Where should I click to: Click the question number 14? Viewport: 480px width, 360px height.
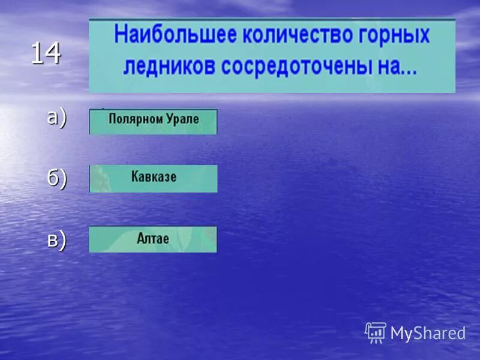[x=46, y=54]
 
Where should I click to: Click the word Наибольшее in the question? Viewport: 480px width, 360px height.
[x=152, y=34]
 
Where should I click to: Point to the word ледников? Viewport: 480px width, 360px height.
[x=169, y=66]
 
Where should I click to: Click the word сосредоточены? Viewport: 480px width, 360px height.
[x=295, y=66]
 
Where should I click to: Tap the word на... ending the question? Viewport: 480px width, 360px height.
[x=397, y=66]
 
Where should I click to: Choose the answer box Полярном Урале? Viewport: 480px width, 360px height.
[x=153, y=121]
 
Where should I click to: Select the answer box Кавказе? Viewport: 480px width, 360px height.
[x=153, y=178]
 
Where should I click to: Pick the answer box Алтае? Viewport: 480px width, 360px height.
[x=153, y=239]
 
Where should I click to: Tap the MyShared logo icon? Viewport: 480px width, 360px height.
[x=376, y=332]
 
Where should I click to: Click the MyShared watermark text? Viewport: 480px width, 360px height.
[x=428, y=333]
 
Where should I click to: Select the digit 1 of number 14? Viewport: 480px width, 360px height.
[x=38, y=54]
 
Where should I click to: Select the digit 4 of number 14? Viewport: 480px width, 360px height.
[x=53, y=54]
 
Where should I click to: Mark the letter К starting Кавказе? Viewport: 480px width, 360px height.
[x=134, y=177]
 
